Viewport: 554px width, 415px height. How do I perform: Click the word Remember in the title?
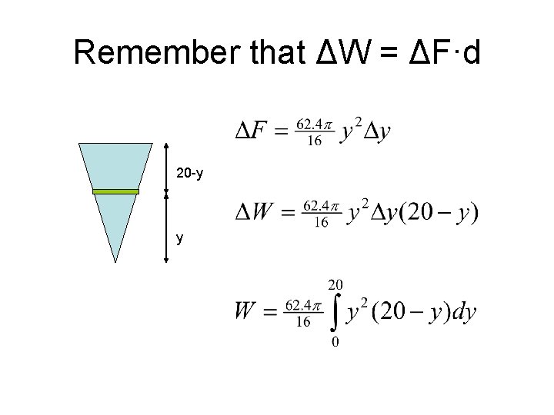click(x=158, y=52)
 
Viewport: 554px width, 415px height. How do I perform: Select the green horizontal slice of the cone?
click(x=115, y=191)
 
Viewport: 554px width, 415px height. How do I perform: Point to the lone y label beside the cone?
click(x=179, y=238)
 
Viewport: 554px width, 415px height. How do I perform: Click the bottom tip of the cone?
click(x=115, y=262)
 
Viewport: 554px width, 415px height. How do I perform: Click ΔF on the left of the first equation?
click(x=252, y=131)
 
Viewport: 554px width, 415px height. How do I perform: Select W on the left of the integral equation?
click(x=246, y=312)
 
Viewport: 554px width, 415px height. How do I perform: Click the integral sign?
click(x=335, y=311)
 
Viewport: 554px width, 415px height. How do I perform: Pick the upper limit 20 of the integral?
click(x=335, y=284)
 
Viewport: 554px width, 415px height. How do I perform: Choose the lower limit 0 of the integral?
click(x=335, y=342)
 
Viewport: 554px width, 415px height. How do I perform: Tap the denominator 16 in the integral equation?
click(x=303, y=322)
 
